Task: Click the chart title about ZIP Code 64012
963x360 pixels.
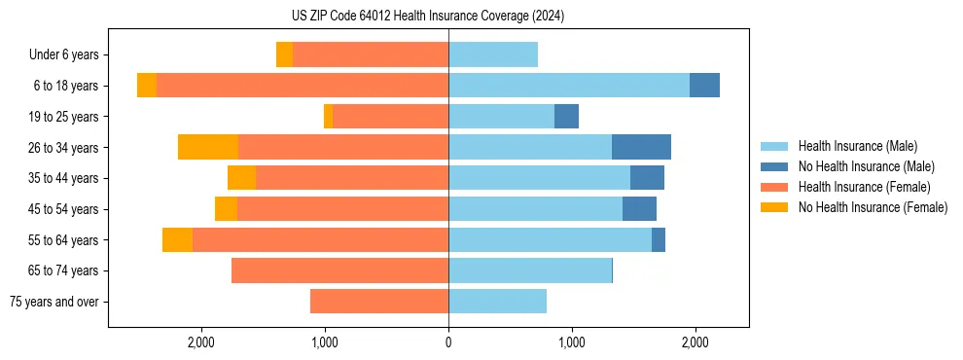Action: click(428, 17)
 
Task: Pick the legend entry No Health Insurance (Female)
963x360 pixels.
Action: click(873, 207)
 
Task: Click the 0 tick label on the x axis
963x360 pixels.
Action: click(448, 342)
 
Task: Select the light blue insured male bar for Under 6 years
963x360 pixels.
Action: click(493, 54)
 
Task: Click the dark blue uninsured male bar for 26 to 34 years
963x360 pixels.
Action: click(641, 147)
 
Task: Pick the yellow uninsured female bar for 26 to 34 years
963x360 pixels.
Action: click(208, 147)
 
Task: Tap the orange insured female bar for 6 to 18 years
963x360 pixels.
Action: click(303, 86)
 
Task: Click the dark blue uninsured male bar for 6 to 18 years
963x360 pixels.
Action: click(704, 86)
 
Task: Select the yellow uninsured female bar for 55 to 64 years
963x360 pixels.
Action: click(177, 239)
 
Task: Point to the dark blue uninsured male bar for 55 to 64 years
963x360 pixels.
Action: click(659, 239)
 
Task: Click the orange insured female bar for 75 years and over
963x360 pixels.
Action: click(379, 302)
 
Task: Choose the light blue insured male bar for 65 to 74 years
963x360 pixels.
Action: click(530, 270)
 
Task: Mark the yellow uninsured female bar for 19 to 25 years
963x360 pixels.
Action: click(329, 117)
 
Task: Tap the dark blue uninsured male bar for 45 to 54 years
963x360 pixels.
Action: click(639, 209)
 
